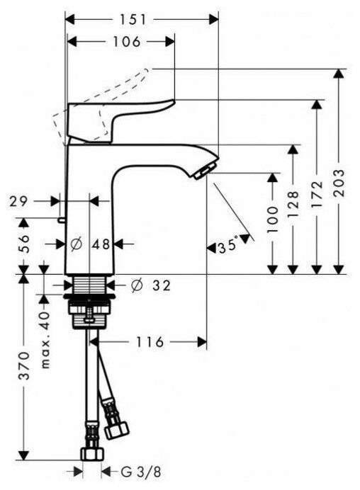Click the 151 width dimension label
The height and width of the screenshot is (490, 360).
133,20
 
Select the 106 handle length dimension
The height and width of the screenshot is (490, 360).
127,42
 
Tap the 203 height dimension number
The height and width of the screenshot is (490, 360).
339,183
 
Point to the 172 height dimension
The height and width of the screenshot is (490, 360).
317,195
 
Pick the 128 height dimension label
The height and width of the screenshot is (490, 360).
293,205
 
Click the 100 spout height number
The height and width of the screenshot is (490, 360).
272,220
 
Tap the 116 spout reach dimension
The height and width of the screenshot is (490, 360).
150,342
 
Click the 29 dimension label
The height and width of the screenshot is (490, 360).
18,202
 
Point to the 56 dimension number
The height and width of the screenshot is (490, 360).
24,244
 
